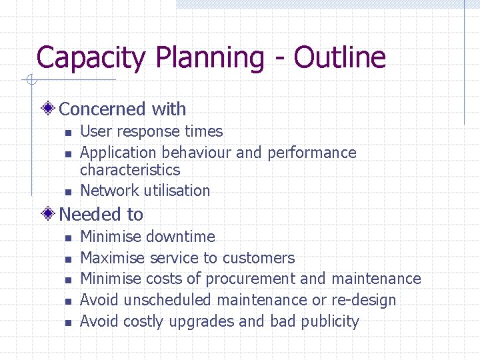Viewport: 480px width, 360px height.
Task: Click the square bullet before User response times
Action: coord(67,133)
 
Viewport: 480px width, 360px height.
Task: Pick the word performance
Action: coord(312,153)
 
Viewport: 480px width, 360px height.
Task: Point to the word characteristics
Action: coord(130,170)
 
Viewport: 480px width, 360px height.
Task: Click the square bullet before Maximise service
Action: coord(67,259)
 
